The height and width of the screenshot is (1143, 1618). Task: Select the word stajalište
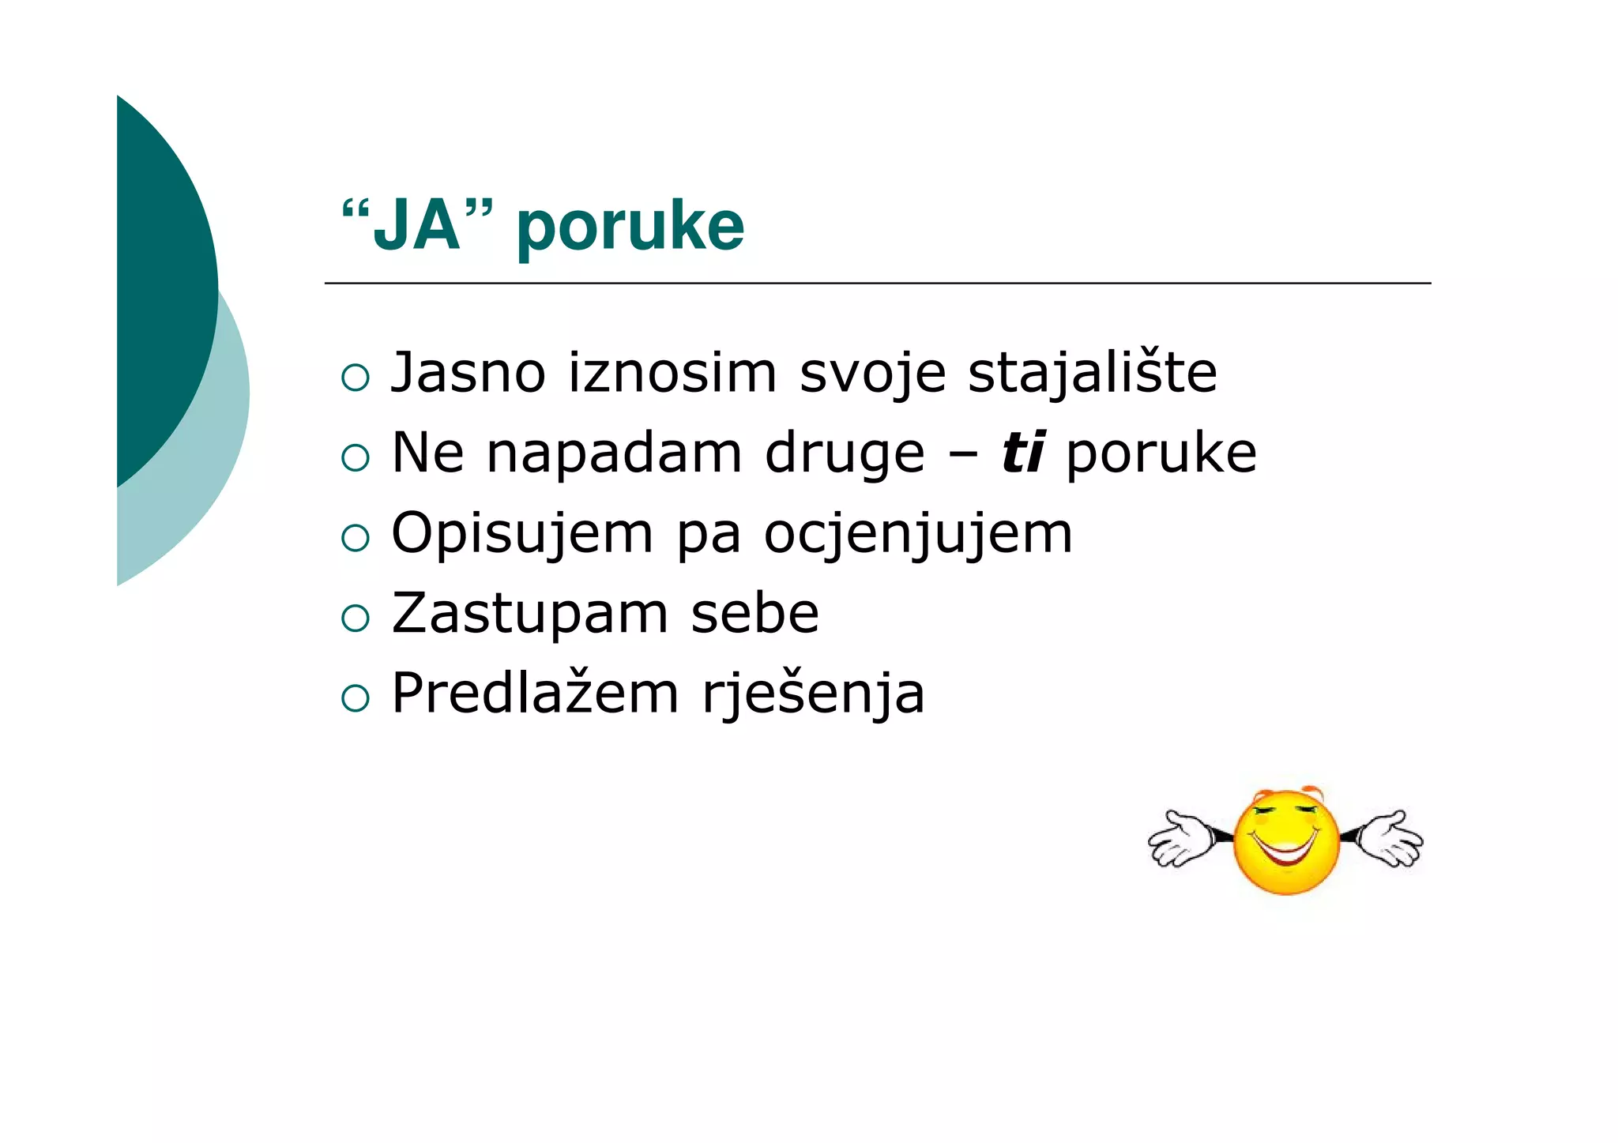[x=1092, y=373]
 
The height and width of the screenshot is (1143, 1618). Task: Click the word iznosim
[x=672, y=373]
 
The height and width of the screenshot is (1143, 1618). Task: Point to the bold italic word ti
[x=1023, y=453]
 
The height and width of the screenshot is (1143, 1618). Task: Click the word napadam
[x=614, y=453]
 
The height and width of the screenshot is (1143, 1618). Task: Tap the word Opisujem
[x=522, y=535]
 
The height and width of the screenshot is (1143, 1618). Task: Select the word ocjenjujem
[x=918, y=535]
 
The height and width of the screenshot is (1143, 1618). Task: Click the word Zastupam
[x=530, y=615]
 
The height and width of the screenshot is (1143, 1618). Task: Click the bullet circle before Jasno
[x=356, y=378]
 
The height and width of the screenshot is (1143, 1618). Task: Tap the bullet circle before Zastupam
[x=356, y=618]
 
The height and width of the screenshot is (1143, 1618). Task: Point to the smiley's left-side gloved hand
[x=1182, y=839]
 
